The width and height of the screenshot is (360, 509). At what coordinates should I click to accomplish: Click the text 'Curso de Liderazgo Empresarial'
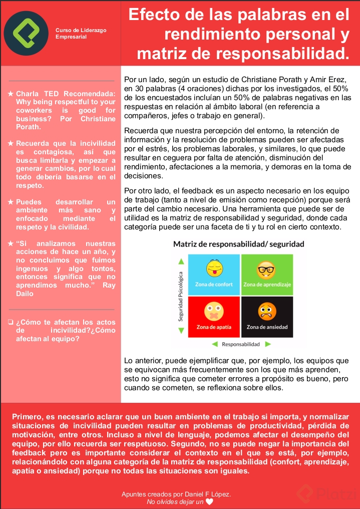tap(81, 34)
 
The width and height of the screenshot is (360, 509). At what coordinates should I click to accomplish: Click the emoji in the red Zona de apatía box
tap(214, 312)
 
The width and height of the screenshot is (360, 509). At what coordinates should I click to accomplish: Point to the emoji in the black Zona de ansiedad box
tap(266, 312)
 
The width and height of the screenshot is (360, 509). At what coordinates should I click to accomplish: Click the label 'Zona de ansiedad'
tap(267, 327)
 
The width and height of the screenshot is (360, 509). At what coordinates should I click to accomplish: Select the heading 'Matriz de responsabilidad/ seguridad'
tap(238, 244)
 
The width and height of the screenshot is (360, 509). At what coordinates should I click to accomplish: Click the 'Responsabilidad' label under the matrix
tap(241, 344)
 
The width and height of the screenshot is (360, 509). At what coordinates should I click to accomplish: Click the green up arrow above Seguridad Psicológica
tap(181, 261)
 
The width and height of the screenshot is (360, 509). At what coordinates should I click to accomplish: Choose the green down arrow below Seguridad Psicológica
tap(181, 331)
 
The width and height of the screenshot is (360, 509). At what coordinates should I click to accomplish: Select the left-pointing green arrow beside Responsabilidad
tap(214, 344)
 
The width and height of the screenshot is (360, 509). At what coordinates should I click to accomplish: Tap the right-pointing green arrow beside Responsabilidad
tap(268, 344)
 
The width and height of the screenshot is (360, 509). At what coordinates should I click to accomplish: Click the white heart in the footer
tap(209, 501)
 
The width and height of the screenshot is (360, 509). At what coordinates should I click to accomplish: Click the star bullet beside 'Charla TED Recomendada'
tap(11, 94)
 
